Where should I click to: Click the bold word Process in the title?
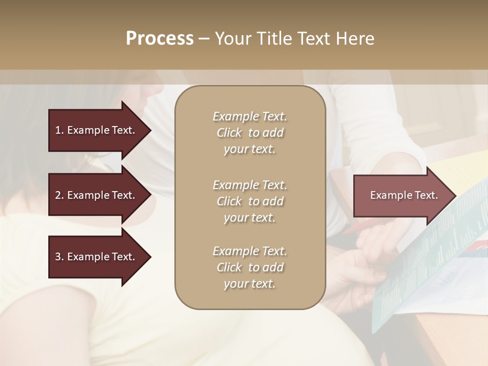tap(160, 39)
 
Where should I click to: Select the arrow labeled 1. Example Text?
tap(95, 130)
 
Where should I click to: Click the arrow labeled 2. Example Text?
tap(95, 195)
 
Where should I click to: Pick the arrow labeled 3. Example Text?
tap(95, 257)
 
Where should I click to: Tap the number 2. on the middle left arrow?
tap(59, 195)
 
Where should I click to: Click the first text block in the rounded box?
tap(250, 133)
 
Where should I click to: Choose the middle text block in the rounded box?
tap(250, 201)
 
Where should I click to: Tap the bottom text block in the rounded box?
tap(250, 267)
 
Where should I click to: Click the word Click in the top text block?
tap(229, 133)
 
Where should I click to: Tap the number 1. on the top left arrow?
tap(59, 130)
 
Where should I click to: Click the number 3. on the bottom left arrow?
tap(59, 257)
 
